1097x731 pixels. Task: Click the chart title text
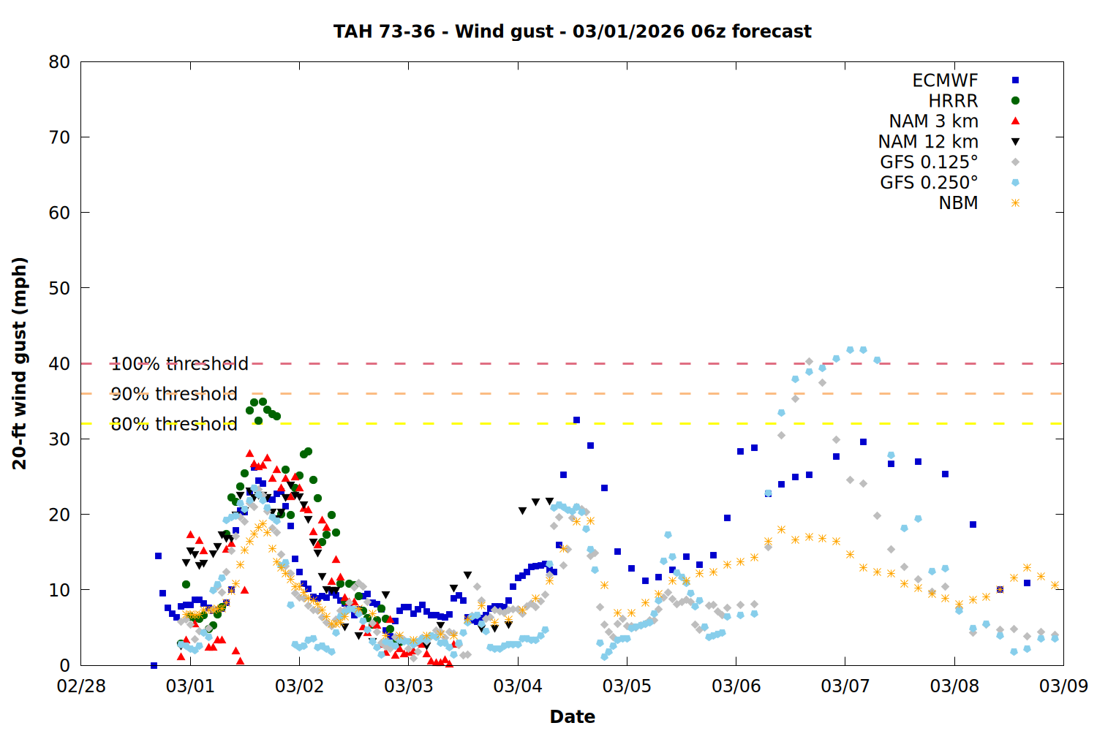pos(572,31)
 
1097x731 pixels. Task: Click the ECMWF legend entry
pos(945,80)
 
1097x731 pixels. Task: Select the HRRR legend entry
pos(953,101)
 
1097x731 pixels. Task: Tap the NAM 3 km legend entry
pos(933,121)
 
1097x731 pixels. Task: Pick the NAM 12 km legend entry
pos(928,142)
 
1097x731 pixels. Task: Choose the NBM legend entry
pos(958,203)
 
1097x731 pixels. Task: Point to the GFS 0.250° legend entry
pos(929,183)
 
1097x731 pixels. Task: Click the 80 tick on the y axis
pos(60,62)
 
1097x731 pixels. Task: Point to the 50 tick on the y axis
pos(60,288)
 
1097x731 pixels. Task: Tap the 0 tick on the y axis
pos(65,665)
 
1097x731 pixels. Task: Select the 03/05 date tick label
pos(627,686)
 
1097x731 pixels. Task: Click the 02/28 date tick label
pos(81,686)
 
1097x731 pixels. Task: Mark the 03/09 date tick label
pos(1063,686)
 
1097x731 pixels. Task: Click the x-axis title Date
pos(572,716)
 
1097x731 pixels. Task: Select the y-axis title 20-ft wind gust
pos(20,363)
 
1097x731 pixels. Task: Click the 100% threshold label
pos(179,363)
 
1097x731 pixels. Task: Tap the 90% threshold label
pos(174,394)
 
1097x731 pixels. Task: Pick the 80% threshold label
pos(174,424)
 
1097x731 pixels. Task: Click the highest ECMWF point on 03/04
pos(576,420)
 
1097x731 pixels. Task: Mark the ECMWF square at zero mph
pos(154,665)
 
